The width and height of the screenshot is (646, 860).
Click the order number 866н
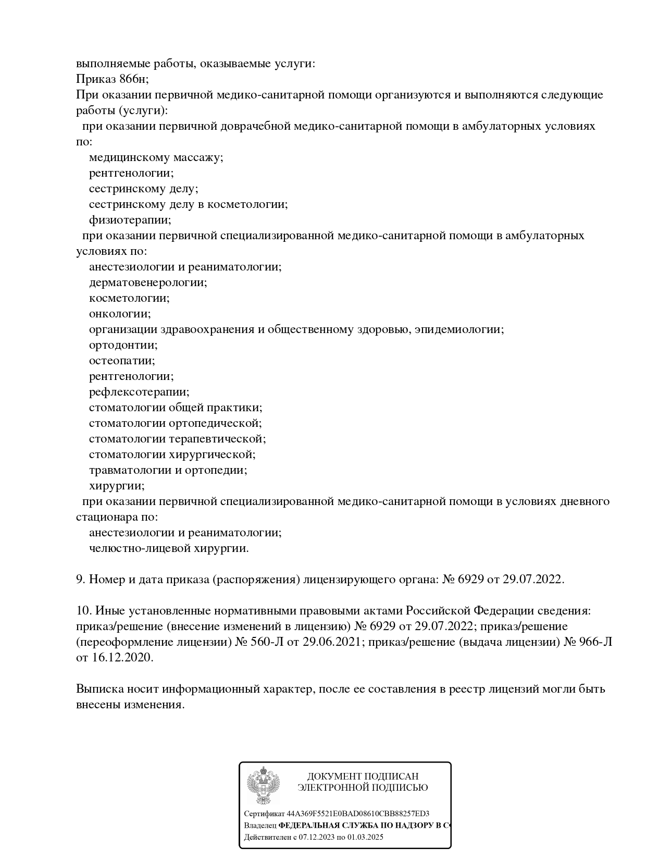(x=134, y=79)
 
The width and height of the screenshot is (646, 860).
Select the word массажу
(x=197, y=157)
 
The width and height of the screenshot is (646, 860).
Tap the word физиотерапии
(x=130, y=220)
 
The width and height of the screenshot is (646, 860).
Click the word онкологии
(x=120, y=314)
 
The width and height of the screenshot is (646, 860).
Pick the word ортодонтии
(x=123, y=345)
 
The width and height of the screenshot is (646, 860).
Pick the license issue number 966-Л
(x=595, y=642)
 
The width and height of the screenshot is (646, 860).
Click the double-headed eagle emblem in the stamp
(x=263, y=785)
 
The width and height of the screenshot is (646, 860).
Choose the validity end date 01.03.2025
(x=365, y=837)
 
